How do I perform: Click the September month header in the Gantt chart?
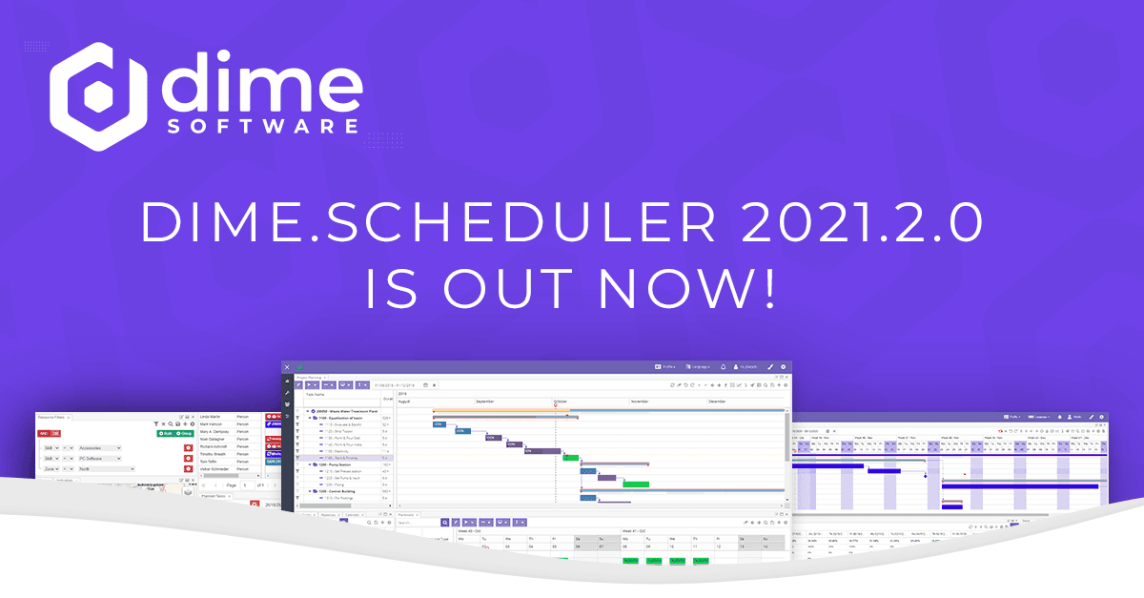tap(485, 402)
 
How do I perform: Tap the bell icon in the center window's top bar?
tap(723, 366)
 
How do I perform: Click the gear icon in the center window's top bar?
tap(784, 366)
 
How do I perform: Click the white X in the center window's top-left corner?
tap(287, 366)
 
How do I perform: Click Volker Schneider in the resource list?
tap(218, 470)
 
